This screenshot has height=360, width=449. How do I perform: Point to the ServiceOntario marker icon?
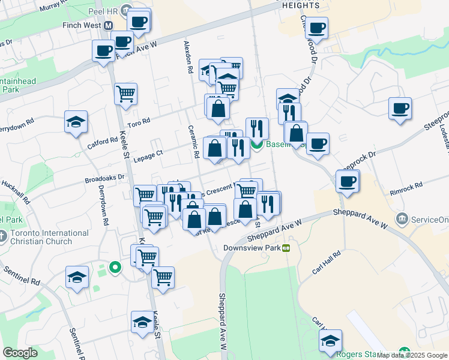(x=402, y=218)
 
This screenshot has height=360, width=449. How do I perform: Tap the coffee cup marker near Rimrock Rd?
(x=347, y=181)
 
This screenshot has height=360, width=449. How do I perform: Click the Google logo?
(x=20, y=353)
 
